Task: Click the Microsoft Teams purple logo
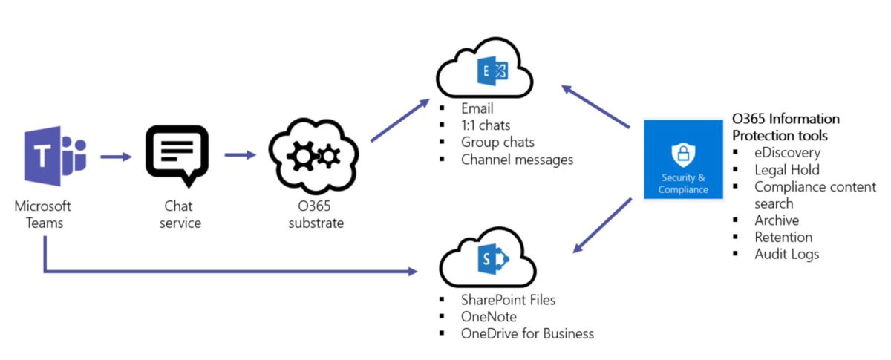(54, 156)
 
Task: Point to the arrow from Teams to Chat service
(115, 157)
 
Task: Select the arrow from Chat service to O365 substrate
(240, 155)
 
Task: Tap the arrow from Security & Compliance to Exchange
(598, 109)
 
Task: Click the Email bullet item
(477, 109)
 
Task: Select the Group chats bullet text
(497, 142)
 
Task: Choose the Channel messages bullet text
(517, 159)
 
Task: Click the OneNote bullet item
(489, 317)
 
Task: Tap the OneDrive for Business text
(527, 334)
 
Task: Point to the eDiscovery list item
(787, 153)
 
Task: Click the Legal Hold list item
(787, 170)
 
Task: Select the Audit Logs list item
(786, 254)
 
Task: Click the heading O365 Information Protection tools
(786, 127)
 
